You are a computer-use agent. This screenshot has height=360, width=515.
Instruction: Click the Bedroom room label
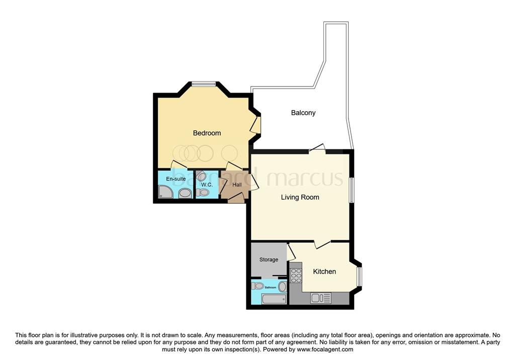pyautogui.click(x=207, y=133)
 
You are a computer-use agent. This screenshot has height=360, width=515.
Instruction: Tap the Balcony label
pyautogui.click(x=303, y=113)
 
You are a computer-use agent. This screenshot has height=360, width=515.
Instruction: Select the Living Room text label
pyautogui.click(x=300, y=197)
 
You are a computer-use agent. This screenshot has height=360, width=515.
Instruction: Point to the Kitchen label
pyautogui.click(x=324, y=272)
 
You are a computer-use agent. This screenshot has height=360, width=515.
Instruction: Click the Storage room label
pyautogui.click(x=269, y=259)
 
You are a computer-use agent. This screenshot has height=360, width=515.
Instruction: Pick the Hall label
pyautogui.click(x=237, y=185)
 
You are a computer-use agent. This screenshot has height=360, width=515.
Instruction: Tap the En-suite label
pyautogui.click(x=176, y=178)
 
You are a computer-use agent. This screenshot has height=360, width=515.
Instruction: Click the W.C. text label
pyautogui.click(x=207, y=185)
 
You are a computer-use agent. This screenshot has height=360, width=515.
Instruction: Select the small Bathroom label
pyautogui.click(x=270, y=288)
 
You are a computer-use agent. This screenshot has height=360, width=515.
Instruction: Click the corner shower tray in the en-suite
pyautogui.click(x=165, y=192)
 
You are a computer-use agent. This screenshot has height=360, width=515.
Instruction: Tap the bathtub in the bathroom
pyautogui.click(x=274, y=299)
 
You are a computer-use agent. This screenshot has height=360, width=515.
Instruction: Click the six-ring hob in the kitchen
pyautogui.click(x=296, y=275)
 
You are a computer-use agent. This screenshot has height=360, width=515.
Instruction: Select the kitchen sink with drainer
pyautogui.click(x=321, y=298)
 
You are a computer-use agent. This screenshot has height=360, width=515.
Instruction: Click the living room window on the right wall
pyautogui.click(x=352, y=190)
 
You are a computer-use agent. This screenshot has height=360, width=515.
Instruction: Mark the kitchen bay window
pyautogui.click(x=359, y=277)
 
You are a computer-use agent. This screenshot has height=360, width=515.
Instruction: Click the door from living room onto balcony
pyautogui.click(x=317, y=148)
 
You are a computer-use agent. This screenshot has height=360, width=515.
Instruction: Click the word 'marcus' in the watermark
pyautogui.click(x=305, y=177)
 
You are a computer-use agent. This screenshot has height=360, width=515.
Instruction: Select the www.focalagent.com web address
pyautogui.click(x=325, y=349)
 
